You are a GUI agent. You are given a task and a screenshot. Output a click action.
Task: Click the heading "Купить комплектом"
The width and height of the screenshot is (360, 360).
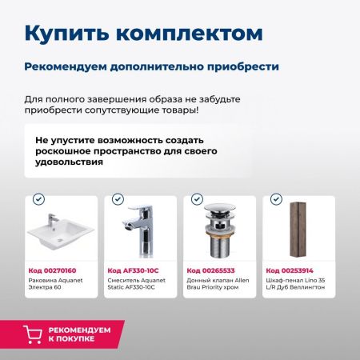coord(143,34)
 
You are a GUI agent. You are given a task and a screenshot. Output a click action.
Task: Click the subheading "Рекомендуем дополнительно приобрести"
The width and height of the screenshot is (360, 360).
coord(151,66)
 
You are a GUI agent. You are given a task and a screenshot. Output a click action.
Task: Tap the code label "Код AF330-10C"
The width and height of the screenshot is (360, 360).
coord(132,270)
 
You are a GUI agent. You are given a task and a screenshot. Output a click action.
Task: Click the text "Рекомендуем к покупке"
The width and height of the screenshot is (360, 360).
coord(81,334)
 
